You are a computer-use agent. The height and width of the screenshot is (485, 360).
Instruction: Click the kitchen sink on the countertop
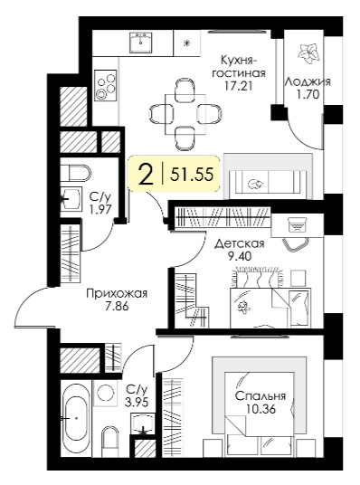pyautogui.click(x=141, y=42)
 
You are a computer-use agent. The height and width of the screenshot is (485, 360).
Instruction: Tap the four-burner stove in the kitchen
pyautogui.click(x=106, y=85)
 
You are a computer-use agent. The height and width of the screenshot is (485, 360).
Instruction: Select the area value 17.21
pyautogui.click(x=239, y=86)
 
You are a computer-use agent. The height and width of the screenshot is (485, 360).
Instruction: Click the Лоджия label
pyautogui.click(x=308, y=81)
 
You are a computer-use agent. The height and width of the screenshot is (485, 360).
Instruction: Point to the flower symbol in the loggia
pyautogui.click(x=308, y=54)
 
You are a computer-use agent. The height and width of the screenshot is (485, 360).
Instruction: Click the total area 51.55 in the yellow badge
pyautogui.click(x=192, y=175)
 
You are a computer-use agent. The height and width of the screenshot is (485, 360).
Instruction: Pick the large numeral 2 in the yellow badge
pyautogui.click(x=146, y=174)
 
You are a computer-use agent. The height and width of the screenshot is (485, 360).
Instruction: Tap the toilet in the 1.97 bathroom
pyautogui.click(x=75, y=173)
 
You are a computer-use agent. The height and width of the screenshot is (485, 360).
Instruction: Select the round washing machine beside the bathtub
pyautogui.click(x=105, y=393)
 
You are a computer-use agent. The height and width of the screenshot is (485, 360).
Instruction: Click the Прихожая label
pyautogui.click(x=117, y=293)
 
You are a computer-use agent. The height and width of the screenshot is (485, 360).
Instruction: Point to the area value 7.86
pyautogui.click(x=118, y=307)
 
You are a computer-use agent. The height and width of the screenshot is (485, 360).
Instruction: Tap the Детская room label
pyautogui.click(x=240, y=244)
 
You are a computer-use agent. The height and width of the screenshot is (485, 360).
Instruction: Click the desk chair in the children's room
pyautogui.click(x=296, y=244)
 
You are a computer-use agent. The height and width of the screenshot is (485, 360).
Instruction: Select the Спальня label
pyautogui.click(x=261, y=396)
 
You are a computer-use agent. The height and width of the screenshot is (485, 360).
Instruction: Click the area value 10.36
pyautogui.click(x=261, y=409)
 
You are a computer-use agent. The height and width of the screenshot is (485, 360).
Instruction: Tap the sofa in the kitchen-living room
pyautogui.click(x=268, y=182)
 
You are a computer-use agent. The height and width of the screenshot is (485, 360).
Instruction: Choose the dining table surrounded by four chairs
pyautogui.click(x=185, y=114)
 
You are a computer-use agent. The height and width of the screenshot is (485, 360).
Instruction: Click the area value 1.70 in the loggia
pyautogui.click(x=308, y=94)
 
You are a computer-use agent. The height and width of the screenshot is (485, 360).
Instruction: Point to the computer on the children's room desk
pyautogui.click(x=297, y=224)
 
